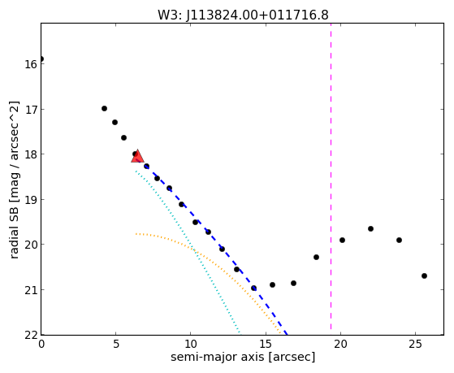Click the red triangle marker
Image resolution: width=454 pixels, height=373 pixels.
[x=137, y=156]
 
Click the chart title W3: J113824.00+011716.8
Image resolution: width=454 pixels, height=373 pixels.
[x=243, y=15]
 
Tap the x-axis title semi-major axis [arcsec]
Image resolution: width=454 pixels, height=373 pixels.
[x=243, y=357]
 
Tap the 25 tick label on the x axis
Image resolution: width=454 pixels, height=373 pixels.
[x=416, y=345]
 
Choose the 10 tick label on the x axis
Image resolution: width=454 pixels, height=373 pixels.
[x=191, y=345]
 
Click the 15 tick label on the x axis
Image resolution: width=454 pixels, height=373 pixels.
[x=266, y=345]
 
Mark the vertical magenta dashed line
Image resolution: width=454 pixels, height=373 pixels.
[x=331, y=179]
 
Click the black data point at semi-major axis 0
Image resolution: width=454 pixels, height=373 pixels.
[x=41, y=59]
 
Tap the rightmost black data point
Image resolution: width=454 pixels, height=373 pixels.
[x=424, y=276]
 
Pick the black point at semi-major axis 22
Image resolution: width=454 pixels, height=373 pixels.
[x=370, y=228]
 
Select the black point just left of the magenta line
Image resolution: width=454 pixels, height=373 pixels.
[x=316, y=257]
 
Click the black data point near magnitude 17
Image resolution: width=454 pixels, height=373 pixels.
[x=104, y=108]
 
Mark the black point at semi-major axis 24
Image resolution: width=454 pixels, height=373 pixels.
[x=399, y=240]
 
